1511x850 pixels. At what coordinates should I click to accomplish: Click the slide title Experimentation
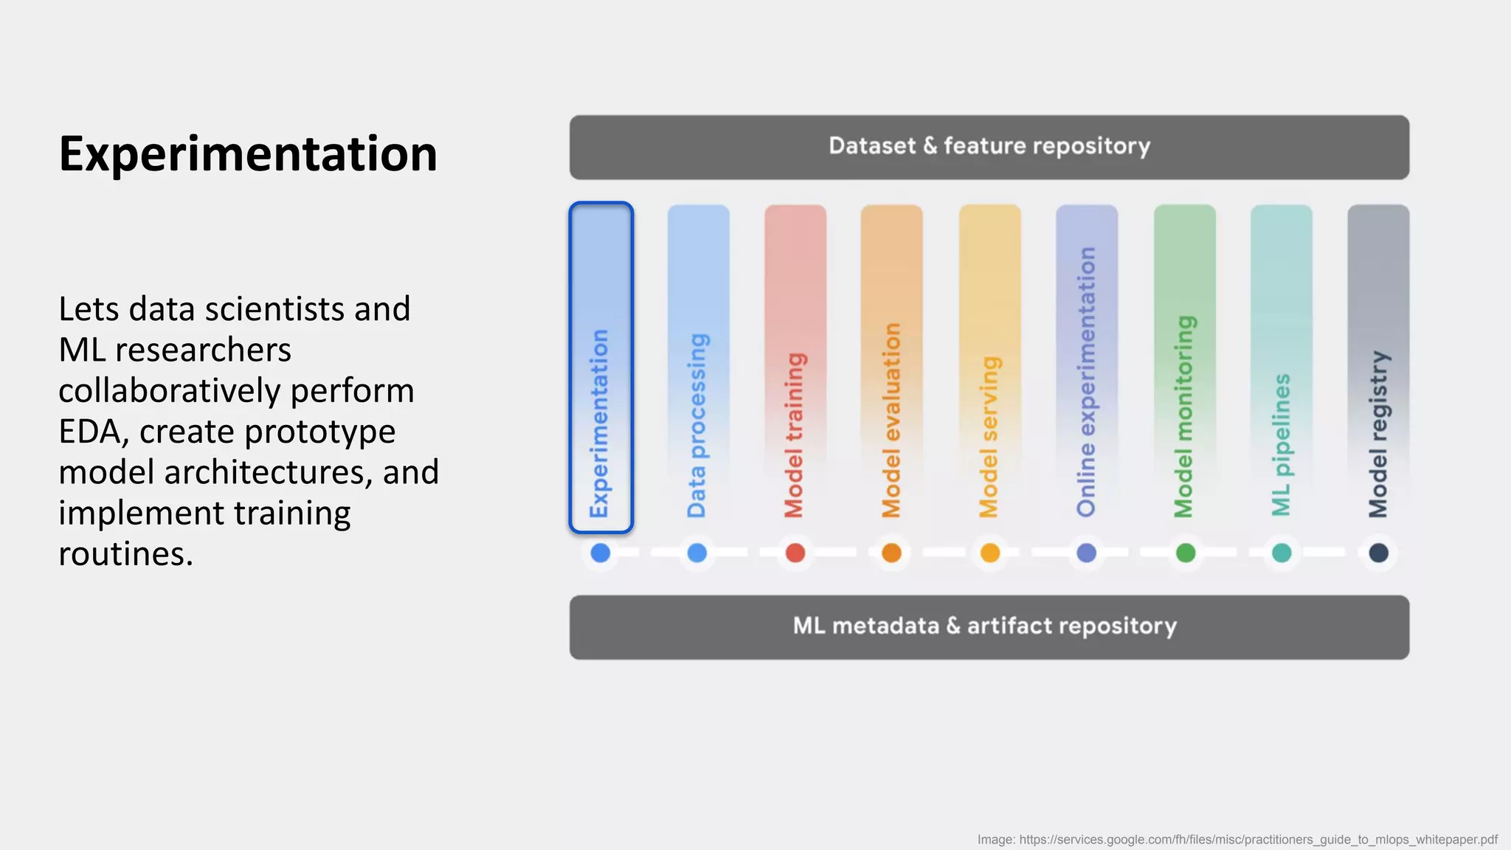click(x=248, y=154)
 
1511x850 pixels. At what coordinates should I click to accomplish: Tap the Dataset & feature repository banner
click(x=989, y=146)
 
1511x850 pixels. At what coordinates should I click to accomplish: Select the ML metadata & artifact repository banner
click(x=989, y=626)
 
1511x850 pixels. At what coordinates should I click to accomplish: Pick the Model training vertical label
click(x=795, y=435)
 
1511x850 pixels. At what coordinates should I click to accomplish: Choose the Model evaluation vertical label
click(x=891, y=420)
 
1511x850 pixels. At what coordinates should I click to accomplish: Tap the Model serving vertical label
click(x=989, y=437)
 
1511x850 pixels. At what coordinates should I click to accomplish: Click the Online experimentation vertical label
click(x=1086, y=381)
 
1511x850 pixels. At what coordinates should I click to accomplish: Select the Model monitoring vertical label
click(x=1184, y=417)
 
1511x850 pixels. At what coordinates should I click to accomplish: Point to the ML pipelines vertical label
click(x=1282, y=445)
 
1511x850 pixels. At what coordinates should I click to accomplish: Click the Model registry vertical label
click(x=1378, y=434)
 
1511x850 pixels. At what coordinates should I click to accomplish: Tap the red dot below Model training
click(x=795, y=553)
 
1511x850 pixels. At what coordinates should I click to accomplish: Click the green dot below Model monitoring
click(x=1185, y=553)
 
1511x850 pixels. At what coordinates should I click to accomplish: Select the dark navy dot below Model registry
click(x=1378, y=553)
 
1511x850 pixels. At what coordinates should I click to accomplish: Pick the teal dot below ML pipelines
click(x=1282, y=553)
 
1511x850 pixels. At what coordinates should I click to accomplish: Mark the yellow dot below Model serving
click(x=989, y=553)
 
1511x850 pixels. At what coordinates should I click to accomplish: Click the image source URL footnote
click(x=1237, y=840)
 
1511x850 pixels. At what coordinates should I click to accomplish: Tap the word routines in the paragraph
click(x=125, y=554)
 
